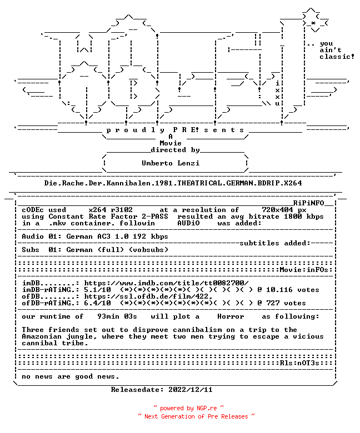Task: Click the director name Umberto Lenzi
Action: coord(171,163)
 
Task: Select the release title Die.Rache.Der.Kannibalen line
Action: coord(173,183)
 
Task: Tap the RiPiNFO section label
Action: coord(308,203)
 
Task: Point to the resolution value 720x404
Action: coord(277,210)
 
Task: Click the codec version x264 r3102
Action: coord(111,210)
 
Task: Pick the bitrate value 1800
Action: coord(293,216)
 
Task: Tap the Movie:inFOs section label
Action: coord(304,270)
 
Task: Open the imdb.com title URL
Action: coord(166,283)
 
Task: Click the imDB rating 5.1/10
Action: coord(98,290)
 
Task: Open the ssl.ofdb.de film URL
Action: coord(148,296)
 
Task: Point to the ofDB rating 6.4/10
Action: coord(98,303)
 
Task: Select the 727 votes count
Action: coord(286,303)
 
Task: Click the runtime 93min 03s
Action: coord(117,316)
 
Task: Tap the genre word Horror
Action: coord(231,316)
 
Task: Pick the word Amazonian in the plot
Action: coord(42,336)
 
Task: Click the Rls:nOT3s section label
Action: coord(299,363)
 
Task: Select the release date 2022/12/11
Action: coord(191,390)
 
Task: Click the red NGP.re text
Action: coord(207,408)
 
